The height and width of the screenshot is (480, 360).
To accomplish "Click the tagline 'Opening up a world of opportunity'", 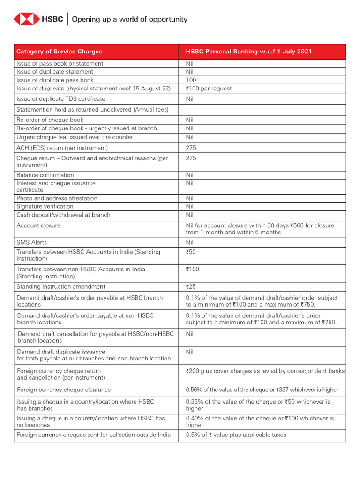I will [129, 19].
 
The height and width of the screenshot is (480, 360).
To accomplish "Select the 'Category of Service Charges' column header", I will [59, 52].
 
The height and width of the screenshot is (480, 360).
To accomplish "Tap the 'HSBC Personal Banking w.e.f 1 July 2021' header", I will [248, 52].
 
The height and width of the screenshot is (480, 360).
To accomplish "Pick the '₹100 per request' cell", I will [209, 89].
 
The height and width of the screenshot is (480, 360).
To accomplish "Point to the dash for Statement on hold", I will [187, 109].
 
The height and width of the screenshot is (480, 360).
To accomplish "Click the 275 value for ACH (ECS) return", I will [191, 148].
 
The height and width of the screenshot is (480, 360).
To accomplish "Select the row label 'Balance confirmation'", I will [45, 175].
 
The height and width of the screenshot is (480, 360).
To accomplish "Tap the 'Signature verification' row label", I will [45, 206].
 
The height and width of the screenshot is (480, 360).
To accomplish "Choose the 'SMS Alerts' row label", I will [31, 242].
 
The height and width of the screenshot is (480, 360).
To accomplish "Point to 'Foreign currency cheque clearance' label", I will [64, 390].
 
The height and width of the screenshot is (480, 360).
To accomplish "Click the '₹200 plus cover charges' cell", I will [265, 371].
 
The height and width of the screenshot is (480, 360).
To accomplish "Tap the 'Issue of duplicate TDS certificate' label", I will [60, 99].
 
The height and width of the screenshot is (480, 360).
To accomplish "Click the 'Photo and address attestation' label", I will [57, 198].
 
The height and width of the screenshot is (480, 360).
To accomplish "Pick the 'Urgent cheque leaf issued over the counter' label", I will [75, 137].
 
